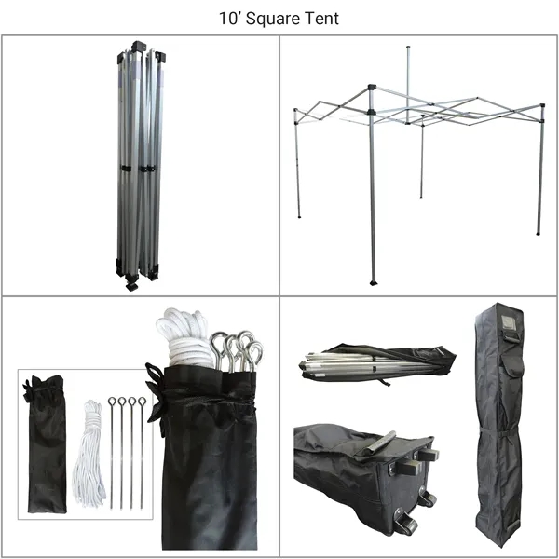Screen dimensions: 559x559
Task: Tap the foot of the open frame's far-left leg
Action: click(299, 216)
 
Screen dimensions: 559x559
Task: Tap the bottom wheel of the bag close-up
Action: click(407, 525)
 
